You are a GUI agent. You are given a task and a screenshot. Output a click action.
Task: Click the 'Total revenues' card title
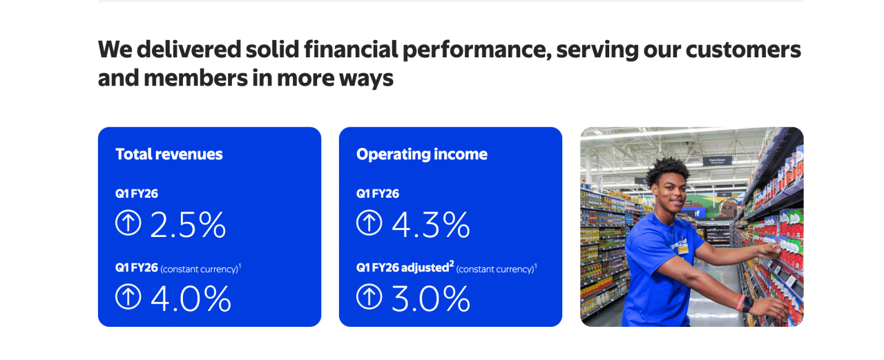(169, 154)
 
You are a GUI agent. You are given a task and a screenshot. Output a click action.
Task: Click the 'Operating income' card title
(421, 154)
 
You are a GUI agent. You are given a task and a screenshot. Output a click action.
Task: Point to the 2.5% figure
(188, 225)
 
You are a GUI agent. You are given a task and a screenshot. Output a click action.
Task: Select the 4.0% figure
(191, 298)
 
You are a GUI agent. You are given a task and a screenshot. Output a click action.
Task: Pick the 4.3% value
(431, 225)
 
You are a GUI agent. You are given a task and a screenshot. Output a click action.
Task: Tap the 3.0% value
(431, 298)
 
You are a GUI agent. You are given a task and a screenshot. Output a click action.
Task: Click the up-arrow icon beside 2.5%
(128, 223)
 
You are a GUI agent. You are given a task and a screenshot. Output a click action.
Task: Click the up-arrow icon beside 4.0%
(128, 296)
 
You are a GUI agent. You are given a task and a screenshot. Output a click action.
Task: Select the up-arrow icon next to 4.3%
(369, 223)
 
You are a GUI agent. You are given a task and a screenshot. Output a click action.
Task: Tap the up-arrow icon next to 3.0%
(369, 296)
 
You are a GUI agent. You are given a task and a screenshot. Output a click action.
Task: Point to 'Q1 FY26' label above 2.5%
(137, 194)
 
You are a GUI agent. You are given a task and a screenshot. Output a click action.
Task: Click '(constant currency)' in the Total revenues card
(199, 269)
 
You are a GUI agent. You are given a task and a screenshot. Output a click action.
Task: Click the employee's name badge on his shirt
(682, 247)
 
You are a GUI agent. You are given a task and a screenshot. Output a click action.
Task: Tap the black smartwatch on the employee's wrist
(747, 303)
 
